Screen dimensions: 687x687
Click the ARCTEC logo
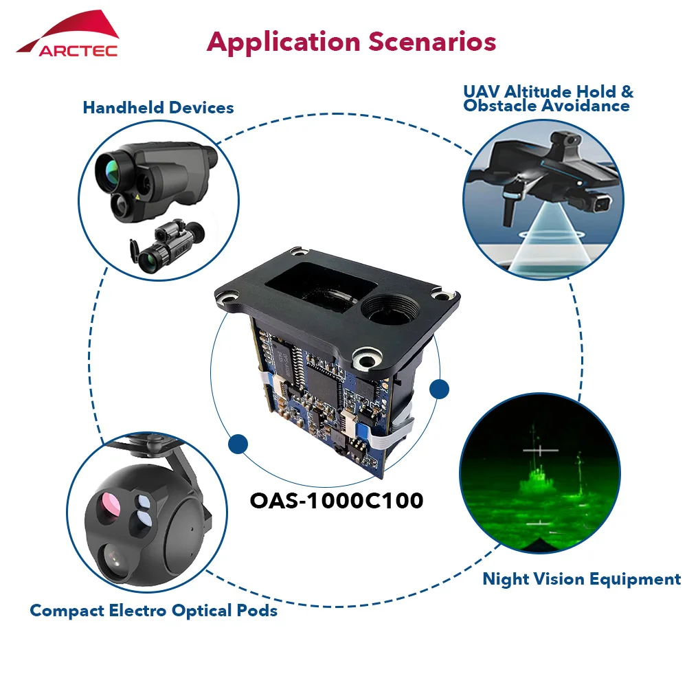point(68,34)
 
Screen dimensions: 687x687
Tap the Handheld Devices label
point(158,108)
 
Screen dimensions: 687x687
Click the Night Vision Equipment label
point(582,579)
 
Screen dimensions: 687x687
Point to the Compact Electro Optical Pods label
point(153,611)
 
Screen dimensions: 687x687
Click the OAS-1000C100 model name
point(337,500)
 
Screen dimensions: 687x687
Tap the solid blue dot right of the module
point(439,389)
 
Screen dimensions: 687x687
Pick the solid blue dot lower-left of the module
point(238,444)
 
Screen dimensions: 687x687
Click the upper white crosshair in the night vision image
point(541,450)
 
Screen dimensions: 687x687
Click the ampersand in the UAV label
point(627,91)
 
